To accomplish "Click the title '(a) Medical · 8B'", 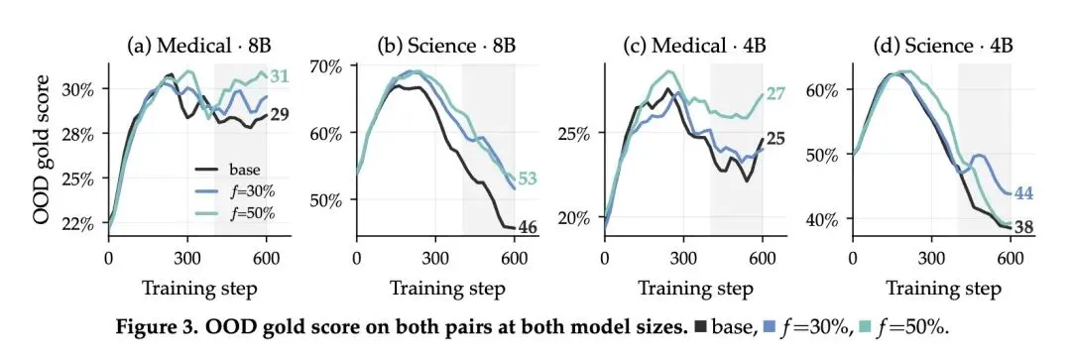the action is pos(199,47).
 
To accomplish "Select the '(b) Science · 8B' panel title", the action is pos(446,47).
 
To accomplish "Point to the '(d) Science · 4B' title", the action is pos(943,47).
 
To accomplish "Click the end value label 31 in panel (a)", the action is pos(279,76).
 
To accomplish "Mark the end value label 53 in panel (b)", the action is pos(527,180).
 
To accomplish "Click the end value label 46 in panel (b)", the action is pos(527,226).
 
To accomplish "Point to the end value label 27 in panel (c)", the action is pos(774,93).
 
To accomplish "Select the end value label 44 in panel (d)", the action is pos(1022,193).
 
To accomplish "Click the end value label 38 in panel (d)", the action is pos(1022,227).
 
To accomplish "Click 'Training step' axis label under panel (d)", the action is pos(943,289).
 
